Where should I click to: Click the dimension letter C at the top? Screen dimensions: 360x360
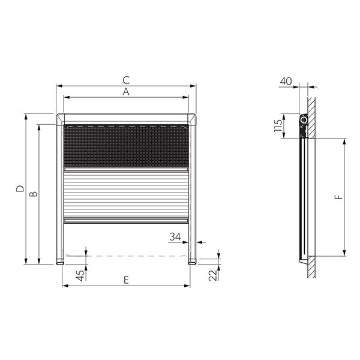pos(126,79)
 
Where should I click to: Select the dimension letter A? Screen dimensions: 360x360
pos(126,92)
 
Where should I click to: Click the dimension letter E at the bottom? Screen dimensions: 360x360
pos(126,280)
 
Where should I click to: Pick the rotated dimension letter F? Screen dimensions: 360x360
pos(338,196)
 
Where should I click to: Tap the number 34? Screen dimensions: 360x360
pos(175,237)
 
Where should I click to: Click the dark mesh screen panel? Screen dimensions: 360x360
pos(126,146)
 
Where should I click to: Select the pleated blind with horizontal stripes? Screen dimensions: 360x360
pos(126,195)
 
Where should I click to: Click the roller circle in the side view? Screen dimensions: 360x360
pos(304,121)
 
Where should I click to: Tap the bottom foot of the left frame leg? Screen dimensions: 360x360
pos(60,261)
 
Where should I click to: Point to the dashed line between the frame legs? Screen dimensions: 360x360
pos(126,256)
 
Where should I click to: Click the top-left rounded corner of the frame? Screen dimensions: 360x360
pos(59,117)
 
